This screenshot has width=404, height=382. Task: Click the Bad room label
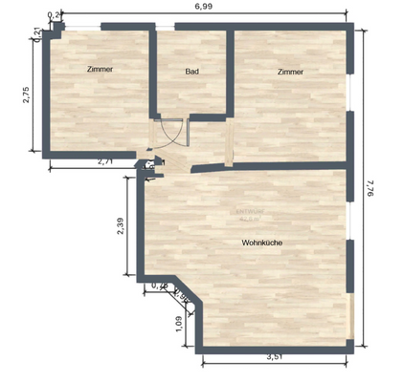pyautogui.click(x=191, y=72)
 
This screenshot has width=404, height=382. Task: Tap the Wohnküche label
pyautogui.click(x=261, y=243)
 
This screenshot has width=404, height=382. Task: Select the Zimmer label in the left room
pyautogui.click(x=100, y=70)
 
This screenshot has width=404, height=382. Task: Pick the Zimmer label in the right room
pyautogui.click(x=291, y=72)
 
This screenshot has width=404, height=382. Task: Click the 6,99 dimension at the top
pyautogui.click(x=202, y=7)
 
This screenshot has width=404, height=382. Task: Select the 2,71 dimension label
pyautogui.click(x=105, y=162)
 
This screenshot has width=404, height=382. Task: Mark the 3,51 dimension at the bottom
pyautogui.click(x=274, y=357)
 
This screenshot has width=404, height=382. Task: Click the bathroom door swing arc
pyautogui.click(x=172, y=134)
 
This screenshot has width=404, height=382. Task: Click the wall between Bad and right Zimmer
pyautogui.click(x=231, y=72)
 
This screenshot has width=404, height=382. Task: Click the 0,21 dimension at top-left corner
pyautogui.click(x=36, y=32)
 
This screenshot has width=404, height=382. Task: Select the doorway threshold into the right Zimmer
pyautogui.click(x=229, y=144)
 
